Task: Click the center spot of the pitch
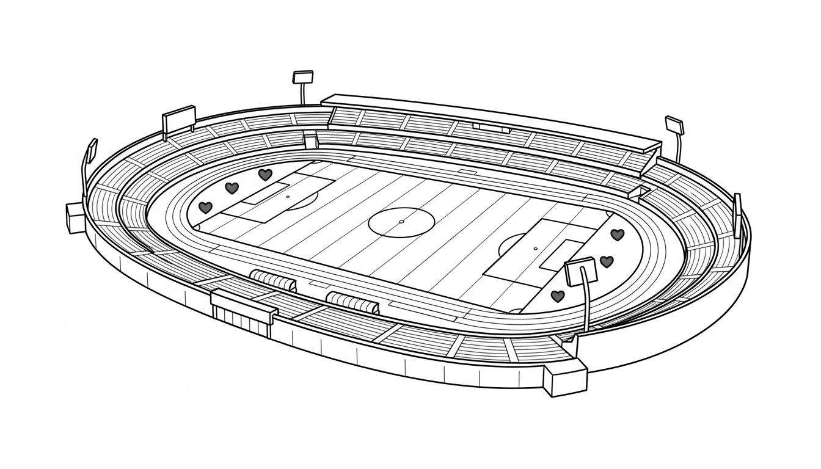click(x=401, y=221)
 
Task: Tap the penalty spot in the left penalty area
click(x=288, y=197)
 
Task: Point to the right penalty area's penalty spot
click(x=535, y=249)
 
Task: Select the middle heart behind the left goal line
click(x=231, y=188)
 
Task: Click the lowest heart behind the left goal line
click(x=206, y=208)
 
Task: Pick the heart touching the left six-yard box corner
click(x=265, y=175)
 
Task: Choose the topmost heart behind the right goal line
click(x=618, y=234)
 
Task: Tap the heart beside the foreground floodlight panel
click(x=606, y=261)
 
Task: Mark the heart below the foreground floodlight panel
click(x=557, y=296)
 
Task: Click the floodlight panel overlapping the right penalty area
click(x=580, y=272)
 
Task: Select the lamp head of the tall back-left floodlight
click(x=303, y=77)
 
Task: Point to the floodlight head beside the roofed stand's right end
click(x=674, y=125)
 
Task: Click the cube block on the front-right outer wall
click(x=565, y=379)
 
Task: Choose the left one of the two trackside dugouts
click(x=273, y=281)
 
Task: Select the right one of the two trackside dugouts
click(x=352, y=302)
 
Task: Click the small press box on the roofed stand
click(x=491, y=127)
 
